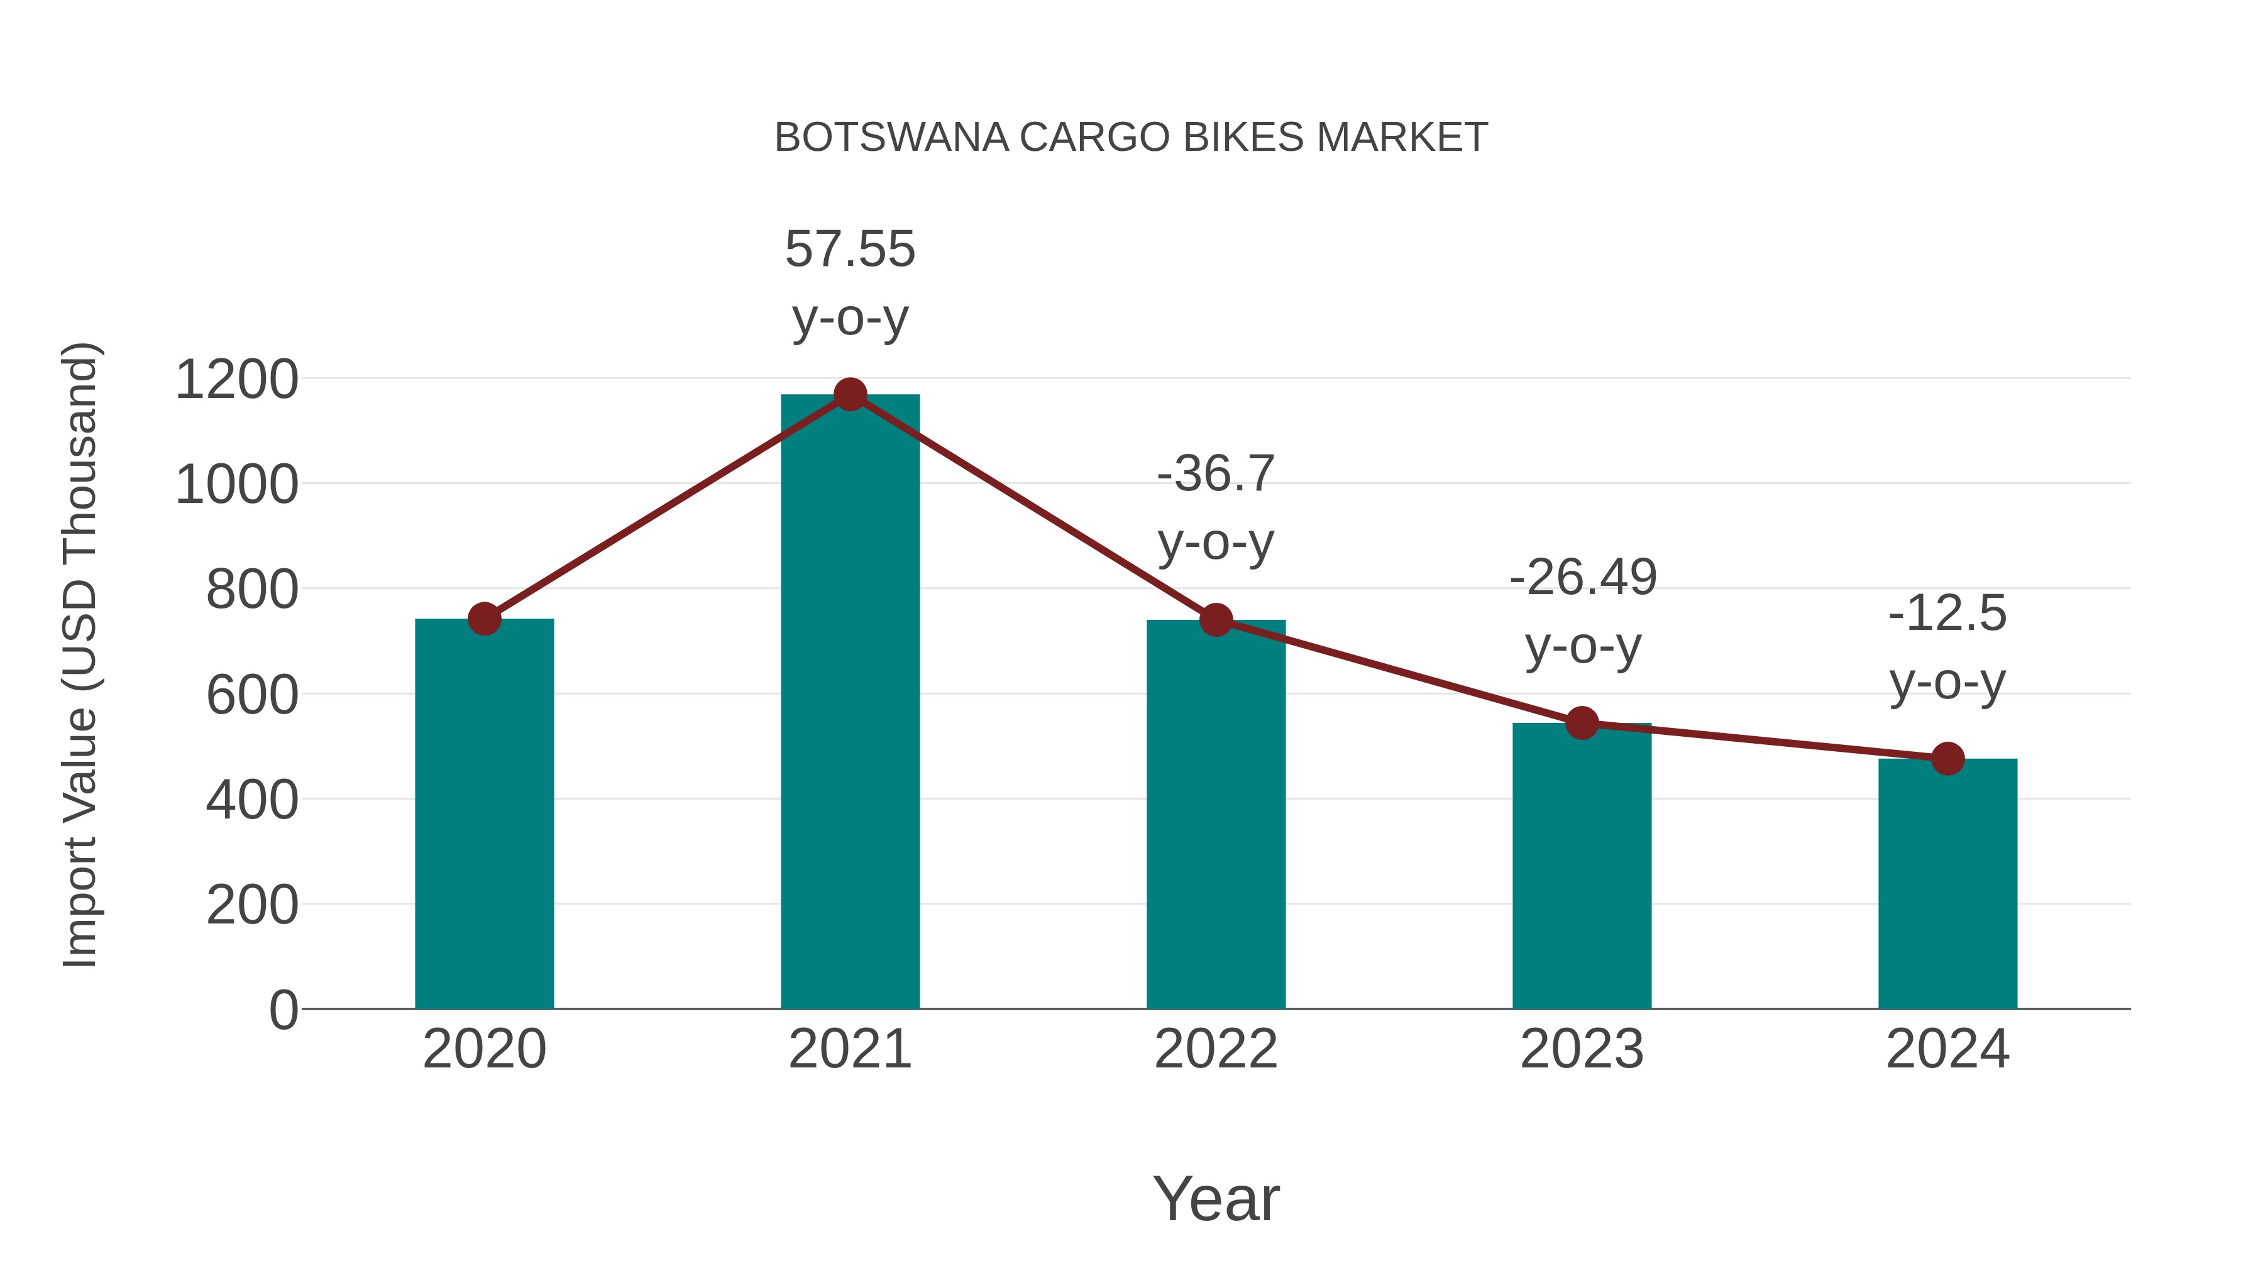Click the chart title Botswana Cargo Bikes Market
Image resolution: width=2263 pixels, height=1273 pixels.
tap(1131, 138)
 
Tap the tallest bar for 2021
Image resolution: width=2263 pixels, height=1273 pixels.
tap(849, 703)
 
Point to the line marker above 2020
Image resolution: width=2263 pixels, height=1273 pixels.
tap(484, 619)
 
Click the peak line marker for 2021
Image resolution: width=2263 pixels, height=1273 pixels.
tap(849, 394)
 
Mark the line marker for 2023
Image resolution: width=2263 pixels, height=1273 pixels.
tap(1582, 723)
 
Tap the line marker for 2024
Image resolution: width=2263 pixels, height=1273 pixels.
tap(1947, 758)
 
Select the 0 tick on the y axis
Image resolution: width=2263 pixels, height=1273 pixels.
tap(283, 1010)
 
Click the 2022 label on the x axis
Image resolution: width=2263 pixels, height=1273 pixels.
tap(1216, 1049)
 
